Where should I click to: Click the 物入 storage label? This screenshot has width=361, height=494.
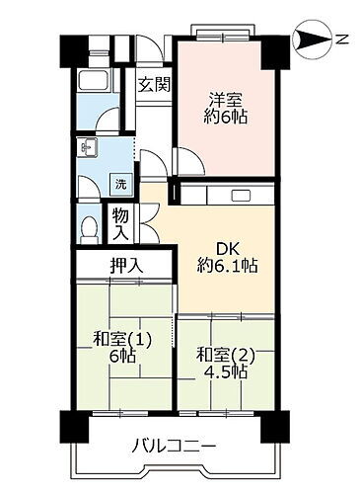tap(120, 224)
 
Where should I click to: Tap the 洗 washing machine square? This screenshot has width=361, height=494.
tap(119, 183)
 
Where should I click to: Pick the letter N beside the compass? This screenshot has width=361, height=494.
tap(341, 41)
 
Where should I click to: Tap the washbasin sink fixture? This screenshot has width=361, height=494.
tap(86, 149)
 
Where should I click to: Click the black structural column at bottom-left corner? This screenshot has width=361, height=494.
tap(72, 425)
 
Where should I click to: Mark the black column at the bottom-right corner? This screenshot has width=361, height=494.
tap(271, 426)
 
